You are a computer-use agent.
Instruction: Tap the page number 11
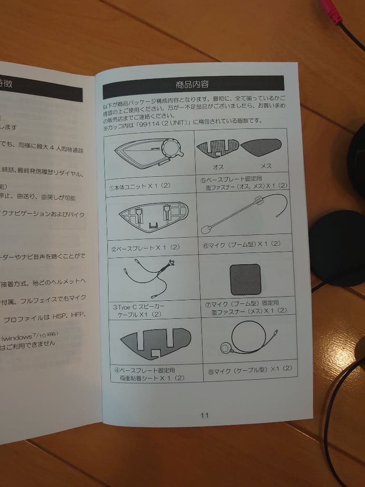[205, 415]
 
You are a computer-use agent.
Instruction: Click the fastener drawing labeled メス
[261, 147]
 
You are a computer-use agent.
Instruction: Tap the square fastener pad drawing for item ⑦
[245, 279]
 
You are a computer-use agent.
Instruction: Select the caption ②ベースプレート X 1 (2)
[145, 248]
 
